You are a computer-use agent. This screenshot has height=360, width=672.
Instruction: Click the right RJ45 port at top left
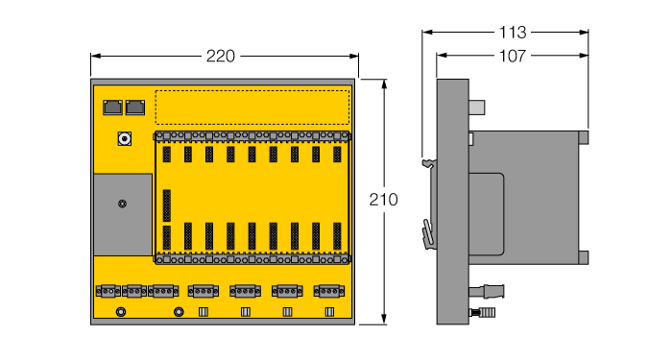[135, 106]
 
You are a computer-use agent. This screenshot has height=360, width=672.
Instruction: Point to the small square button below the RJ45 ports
[124, 139]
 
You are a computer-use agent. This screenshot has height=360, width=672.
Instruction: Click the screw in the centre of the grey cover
[122, 204]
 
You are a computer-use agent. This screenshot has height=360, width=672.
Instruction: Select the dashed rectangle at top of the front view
[252, 107]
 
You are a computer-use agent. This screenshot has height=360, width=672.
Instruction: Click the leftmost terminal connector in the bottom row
[108, 290]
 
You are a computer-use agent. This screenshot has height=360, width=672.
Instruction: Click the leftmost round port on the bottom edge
[120, 311]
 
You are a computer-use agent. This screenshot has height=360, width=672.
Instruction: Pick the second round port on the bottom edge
[179, 311]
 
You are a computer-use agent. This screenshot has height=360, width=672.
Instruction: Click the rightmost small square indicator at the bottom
[329, 311]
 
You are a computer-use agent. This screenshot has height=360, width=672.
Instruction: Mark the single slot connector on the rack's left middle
[167, 203]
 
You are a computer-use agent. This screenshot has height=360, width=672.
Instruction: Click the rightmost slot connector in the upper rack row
[337, 154]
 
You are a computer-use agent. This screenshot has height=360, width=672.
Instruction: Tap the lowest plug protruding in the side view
[485, 312]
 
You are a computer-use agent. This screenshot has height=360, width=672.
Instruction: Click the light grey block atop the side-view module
[480, 107]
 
